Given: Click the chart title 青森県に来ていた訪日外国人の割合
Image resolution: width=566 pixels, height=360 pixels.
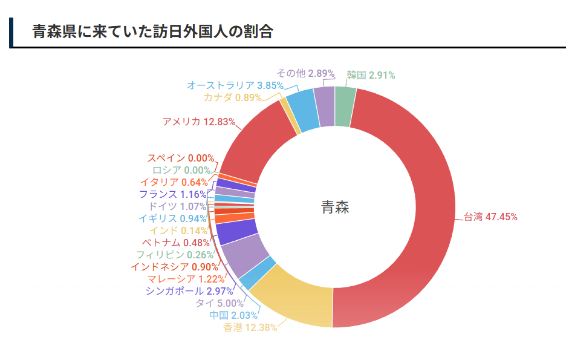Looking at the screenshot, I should (x=152, y=32).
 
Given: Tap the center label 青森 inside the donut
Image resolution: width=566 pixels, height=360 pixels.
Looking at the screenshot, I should (x=335, y=208).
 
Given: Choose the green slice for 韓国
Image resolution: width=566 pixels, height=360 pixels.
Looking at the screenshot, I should (x=344, y=106).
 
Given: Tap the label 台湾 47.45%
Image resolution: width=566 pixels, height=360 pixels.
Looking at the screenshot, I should (x=490, y=217).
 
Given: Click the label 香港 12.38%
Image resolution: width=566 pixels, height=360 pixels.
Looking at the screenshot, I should (x=250, y=327).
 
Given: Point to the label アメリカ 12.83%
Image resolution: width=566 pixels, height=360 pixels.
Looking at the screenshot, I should (x=198, y=122).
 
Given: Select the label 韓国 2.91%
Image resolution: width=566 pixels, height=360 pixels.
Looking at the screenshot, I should (x=371, y=76).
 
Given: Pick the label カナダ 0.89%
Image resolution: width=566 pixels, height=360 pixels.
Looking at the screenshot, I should (x=232, y=97).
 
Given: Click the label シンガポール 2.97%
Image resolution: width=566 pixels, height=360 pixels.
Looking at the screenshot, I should (x=189, y=291).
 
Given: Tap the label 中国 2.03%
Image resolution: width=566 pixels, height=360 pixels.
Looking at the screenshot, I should (x=233, y=315).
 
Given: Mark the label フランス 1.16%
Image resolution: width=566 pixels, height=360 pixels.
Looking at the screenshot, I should (x=172, y=194).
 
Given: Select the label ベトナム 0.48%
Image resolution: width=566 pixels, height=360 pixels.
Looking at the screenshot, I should (x=179, y=243).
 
